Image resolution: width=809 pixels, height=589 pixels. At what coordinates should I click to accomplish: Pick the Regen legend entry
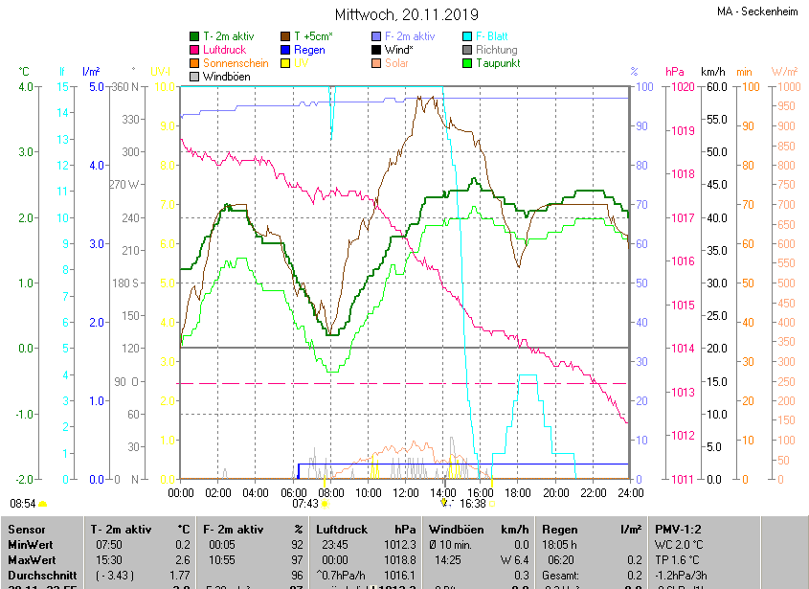[x=308, y=50]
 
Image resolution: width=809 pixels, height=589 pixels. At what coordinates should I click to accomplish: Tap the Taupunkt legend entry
[x=498, y=63]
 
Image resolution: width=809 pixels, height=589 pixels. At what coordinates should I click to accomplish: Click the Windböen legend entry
[x=227, y=77]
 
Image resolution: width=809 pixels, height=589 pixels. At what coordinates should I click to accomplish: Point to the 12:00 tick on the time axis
[x=406, y=492]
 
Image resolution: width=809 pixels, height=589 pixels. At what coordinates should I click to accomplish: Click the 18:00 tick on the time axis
[x=518, y=492]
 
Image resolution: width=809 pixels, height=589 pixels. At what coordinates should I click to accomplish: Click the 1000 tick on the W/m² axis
[x=783, y=87]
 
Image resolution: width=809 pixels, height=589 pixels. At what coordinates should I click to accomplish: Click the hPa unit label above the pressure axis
[x=674, y=72]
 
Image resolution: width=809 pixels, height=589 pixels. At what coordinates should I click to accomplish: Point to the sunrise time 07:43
[x=304, y=503]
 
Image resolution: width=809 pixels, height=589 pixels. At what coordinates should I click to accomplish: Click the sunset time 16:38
[x=473, y=503]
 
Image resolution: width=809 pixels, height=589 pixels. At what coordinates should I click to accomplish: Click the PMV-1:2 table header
[x=678, y=529]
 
